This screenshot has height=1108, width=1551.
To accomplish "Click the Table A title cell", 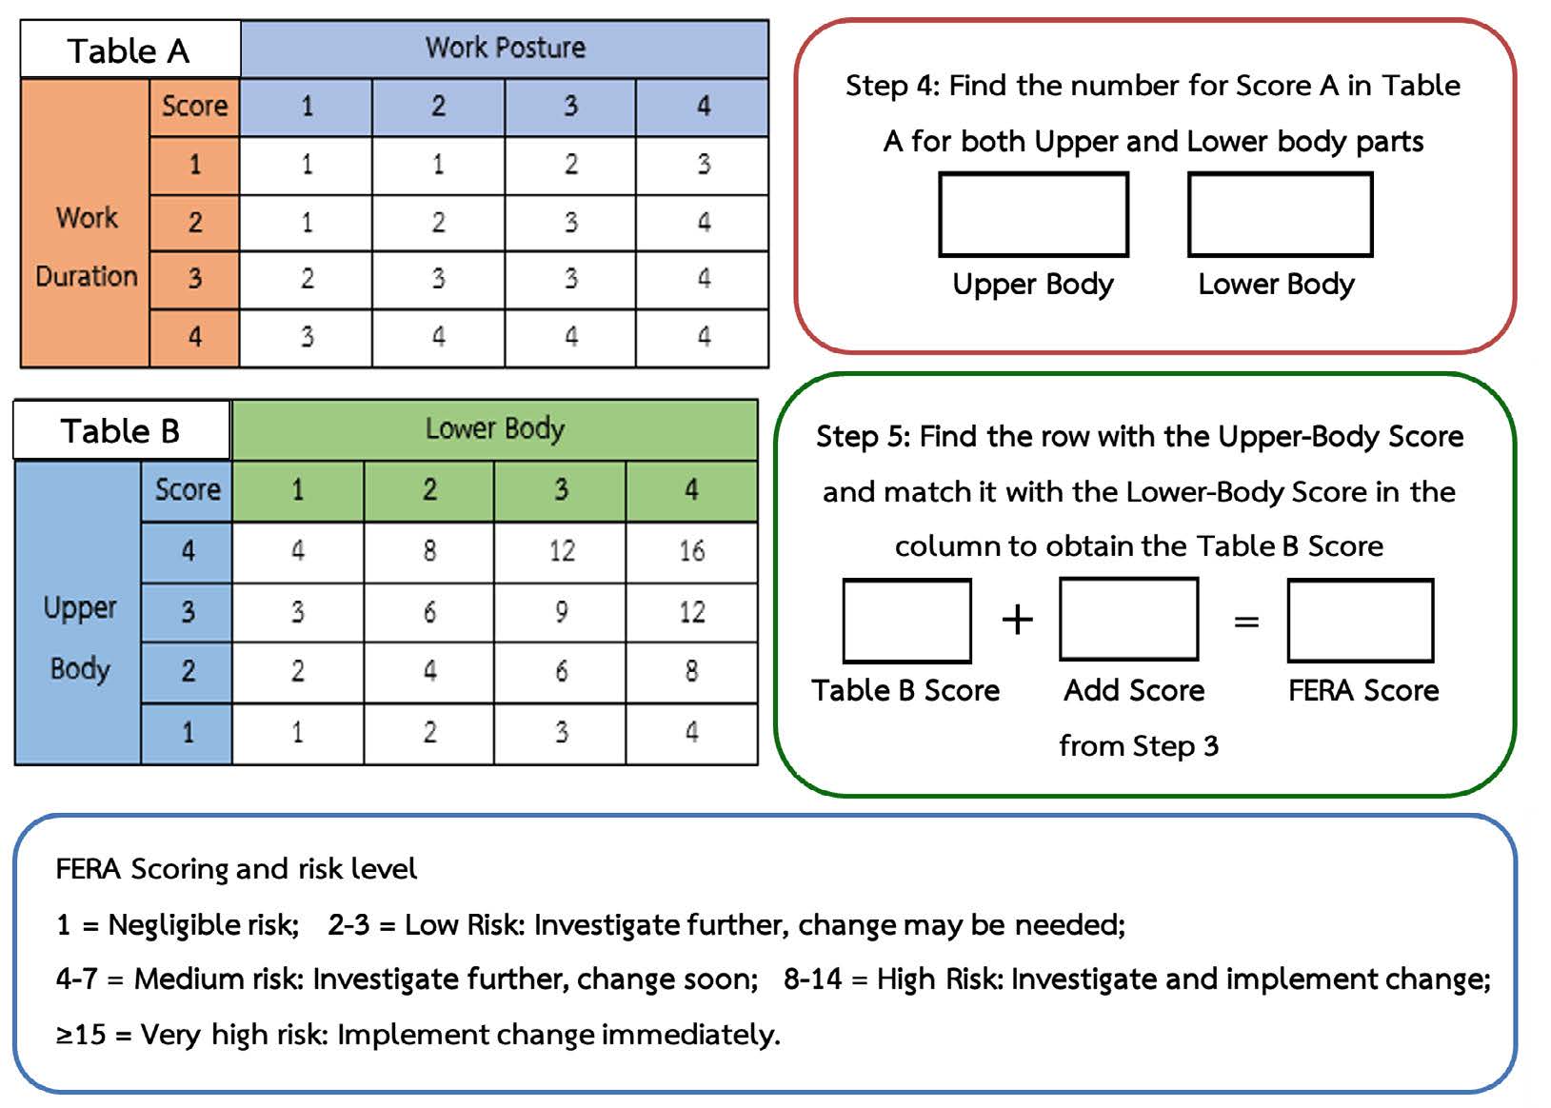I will (x=129, y=49).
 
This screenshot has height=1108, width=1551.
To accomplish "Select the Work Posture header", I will (x=505, y=48).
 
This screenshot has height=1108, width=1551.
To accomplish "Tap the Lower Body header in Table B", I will (x=494, y=429).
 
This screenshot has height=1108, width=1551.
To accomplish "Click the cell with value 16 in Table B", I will (x=692, y=551).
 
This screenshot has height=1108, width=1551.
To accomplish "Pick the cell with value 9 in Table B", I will (x=561, y=612).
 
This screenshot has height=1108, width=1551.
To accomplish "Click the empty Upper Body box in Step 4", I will (x=1033, y=215).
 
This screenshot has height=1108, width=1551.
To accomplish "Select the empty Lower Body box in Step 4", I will (x=1280, y=215).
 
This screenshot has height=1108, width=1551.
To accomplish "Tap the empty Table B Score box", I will (x=906, y=621).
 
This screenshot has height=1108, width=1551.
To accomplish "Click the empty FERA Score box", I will (x=1360, y=621).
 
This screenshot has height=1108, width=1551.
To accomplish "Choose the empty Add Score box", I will (x=1128, y=620).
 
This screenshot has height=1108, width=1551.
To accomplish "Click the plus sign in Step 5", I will (x=1017, y=621).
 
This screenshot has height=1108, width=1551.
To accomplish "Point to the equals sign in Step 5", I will (x=1246, y=623).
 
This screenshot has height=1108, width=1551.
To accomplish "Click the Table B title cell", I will (x=121, y=431).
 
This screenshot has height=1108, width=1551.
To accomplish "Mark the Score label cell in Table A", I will (x=194, y=106).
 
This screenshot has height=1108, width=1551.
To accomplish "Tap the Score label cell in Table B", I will (x=188, y=490).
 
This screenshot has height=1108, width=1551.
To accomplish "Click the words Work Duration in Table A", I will (x=86, y=247).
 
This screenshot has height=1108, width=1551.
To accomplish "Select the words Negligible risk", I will (x=203, y=924).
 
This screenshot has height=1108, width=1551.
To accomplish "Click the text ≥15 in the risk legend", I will (x=80, y=1035).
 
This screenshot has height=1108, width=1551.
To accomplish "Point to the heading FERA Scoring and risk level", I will (x=236, y=869).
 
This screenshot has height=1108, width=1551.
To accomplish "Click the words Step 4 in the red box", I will (x=891, y=86).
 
